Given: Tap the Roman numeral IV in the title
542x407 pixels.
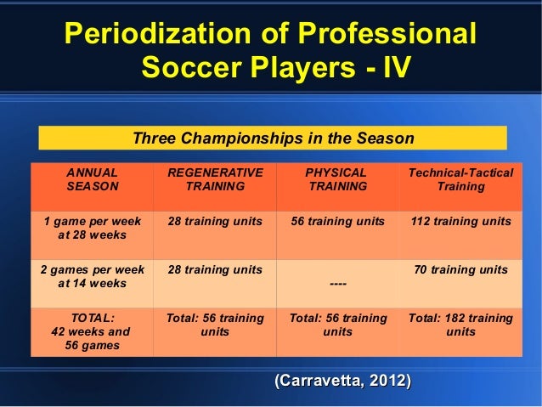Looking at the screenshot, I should tap(390, 66).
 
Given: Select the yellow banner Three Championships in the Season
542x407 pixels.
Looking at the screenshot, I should tap(273, 138).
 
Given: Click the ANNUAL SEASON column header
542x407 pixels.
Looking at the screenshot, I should tap(92, 179).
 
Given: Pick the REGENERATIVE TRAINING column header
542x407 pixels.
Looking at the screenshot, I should tap(215, 179).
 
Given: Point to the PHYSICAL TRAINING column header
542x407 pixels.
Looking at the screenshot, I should tap(337, 179).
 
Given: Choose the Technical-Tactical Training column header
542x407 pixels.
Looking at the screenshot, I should tap(460, 179).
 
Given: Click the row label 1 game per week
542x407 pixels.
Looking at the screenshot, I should tap(92, 228).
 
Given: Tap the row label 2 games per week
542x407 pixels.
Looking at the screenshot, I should tap(92, 277).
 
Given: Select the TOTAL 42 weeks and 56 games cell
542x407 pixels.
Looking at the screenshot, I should tap(92, 331).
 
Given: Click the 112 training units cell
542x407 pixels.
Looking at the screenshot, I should tap(460, 221).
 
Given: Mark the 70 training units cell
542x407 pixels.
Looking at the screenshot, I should tap(460, 270).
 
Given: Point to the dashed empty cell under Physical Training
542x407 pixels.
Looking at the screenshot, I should tap(337, 284).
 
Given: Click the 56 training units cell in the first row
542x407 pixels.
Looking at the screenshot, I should tap(337, 221).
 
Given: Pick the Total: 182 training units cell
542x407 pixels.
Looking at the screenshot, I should tap(460, 325).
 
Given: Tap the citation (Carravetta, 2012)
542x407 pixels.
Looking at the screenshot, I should tap(340, 379).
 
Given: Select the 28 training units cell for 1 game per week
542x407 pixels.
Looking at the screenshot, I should tap(215, 221).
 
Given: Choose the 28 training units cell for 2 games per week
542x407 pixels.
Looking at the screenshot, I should tap(215, 270).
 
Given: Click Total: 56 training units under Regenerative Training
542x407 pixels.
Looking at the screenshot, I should tap(215, 325).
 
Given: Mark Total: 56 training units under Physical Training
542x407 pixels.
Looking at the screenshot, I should tap(337, 325).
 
